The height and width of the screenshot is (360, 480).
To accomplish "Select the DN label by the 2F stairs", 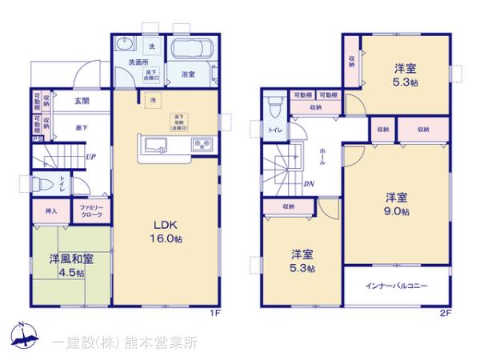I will click(309, 183).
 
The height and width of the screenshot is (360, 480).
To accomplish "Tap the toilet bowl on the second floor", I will click(274, 105).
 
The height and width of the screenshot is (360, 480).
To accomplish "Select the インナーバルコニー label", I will click(397, 286).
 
